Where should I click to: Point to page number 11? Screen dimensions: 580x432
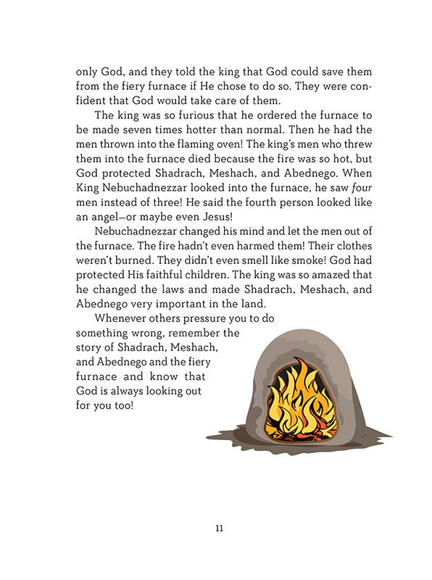coord(219,527)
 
